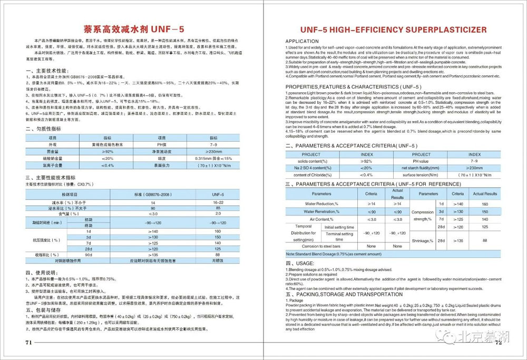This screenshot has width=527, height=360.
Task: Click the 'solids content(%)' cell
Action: coord(311,161)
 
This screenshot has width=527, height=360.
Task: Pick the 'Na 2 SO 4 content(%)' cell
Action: coord(311,168)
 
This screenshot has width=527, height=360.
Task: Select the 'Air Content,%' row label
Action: coord(320,219)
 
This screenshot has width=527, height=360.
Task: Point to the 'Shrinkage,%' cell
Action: coord(423,240)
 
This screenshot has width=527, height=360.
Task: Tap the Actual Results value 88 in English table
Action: coord(485,240)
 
